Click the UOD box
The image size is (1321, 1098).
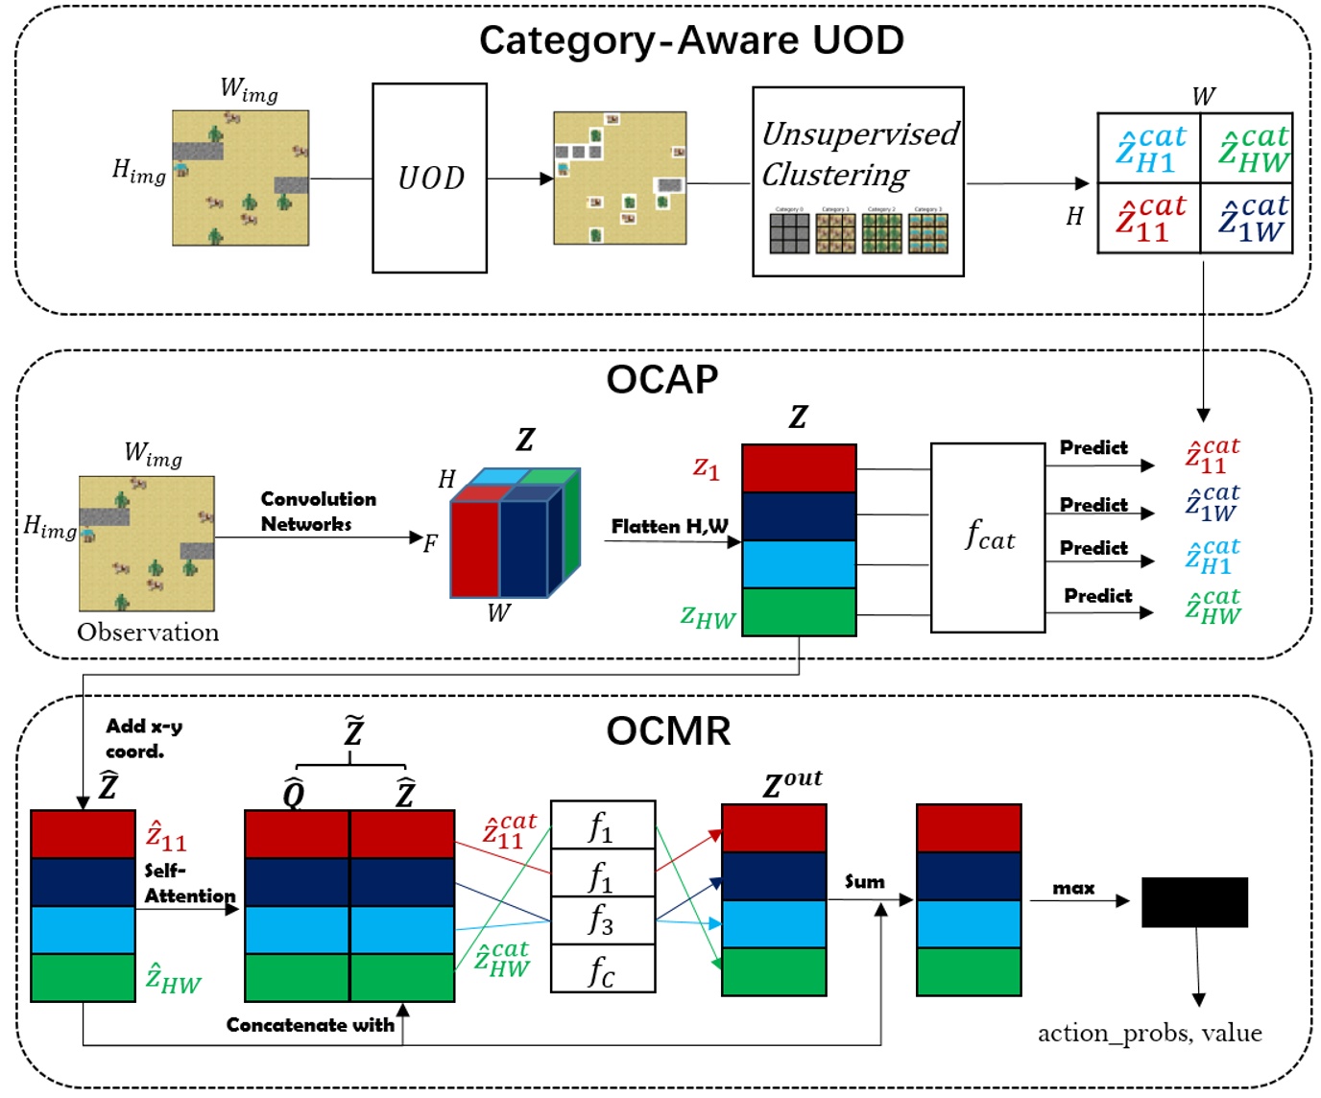[x=429, y=178]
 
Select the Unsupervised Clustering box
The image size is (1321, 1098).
[x=857, y=181]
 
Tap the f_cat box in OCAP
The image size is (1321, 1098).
[x=987, y=537]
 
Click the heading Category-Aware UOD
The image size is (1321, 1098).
[x=691, y=40]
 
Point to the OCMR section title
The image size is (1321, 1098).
[x=668, y=731]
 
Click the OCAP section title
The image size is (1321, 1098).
[x=661, y=380]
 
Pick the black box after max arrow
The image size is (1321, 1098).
[x=1194, y=902]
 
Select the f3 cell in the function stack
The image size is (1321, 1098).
[x=602, y=920]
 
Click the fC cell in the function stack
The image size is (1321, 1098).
[x=602, y=969]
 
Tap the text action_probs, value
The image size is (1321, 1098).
[x=1149, y=1033]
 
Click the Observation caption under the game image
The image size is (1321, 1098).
[x=148, y=633]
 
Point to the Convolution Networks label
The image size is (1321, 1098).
[x=318, y=512]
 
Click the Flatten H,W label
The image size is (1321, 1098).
[x=669, y=526]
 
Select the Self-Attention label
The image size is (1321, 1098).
[x=189, y=883]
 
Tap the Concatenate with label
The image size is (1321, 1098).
[x=310, y=1025]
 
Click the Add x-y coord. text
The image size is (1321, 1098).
[x=143, y=738]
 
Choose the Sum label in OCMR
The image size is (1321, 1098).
[x=864, y=881]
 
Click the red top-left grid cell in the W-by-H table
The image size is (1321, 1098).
[x=1149, y=219]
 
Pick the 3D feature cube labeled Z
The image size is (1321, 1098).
[x=516, y=534]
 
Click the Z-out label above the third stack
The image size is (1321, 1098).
[x=792, y=783]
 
